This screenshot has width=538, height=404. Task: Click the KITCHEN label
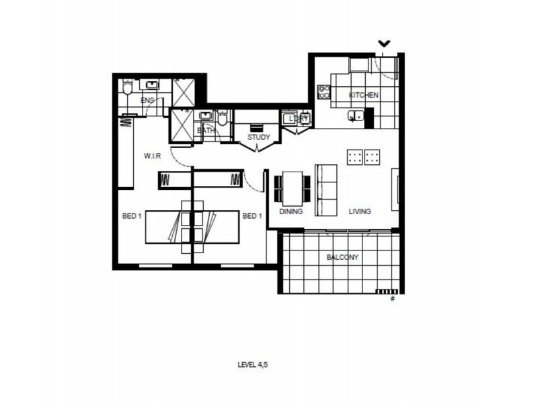tap(363, 96)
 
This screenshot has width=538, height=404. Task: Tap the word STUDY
tap(258, 137)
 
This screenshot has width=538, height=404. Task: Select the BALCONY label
tap(342, 257)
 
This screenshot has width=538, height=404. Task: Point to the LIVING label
tap(360, 211)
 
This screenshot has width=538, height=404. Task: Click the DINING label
tap(291, 211)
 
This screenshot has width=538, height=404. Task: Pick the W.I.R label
tap(152, 156)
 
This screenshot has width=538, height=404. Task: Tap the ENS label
tap(147, 100)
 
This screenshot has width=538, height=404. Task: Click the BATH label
tap(206, 131)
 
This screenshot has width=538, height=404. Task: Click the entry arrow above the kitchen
tap(383, 44)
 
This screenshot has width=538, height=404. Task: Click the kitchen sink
tap(354, 117)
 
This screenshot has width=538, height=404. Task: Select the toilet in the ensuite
tap(128, 88)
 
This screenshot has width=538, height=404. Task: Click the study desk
tap(257, 127)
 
